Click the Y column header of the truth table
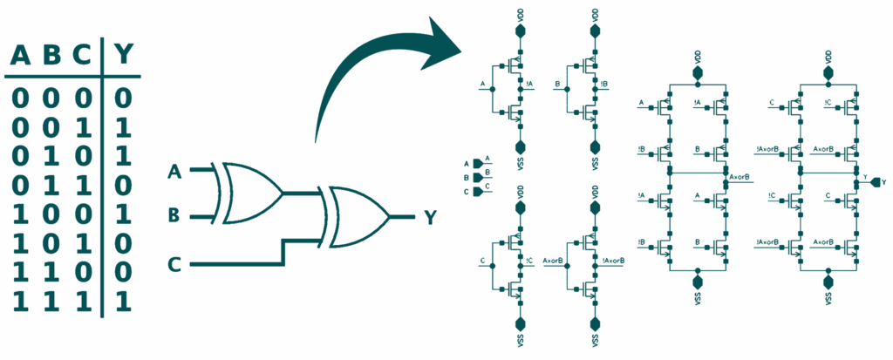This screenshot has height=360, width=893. pos(125,56)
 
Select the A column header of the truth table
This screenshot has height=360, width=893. pos(20,56)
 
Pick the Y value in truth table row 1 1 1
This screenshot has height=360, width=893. pos(125,302)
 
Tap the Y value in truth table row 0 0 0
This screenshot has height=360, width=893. pos(125,97)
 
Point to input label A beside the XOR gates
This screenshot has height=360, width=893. pos(175,173)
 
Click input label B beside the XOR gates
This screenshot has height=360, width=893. pos(175,213)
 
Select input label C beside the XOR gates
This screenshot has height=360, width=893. pos(175,262)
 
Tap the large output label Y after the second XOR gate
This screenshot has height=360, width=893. pos(431,216)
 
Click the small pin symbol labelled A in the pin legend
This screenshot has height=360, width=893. pos(477,163)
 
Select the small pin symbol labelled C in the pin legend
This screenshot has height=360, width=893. pos(477,191)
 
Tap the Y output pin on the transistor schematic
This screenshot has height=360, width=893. pos(875,182)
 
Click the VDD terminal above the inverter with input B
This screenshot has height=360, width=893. pos(596,31)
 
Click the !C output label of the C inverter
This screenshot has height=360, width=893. pos(530,259)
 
